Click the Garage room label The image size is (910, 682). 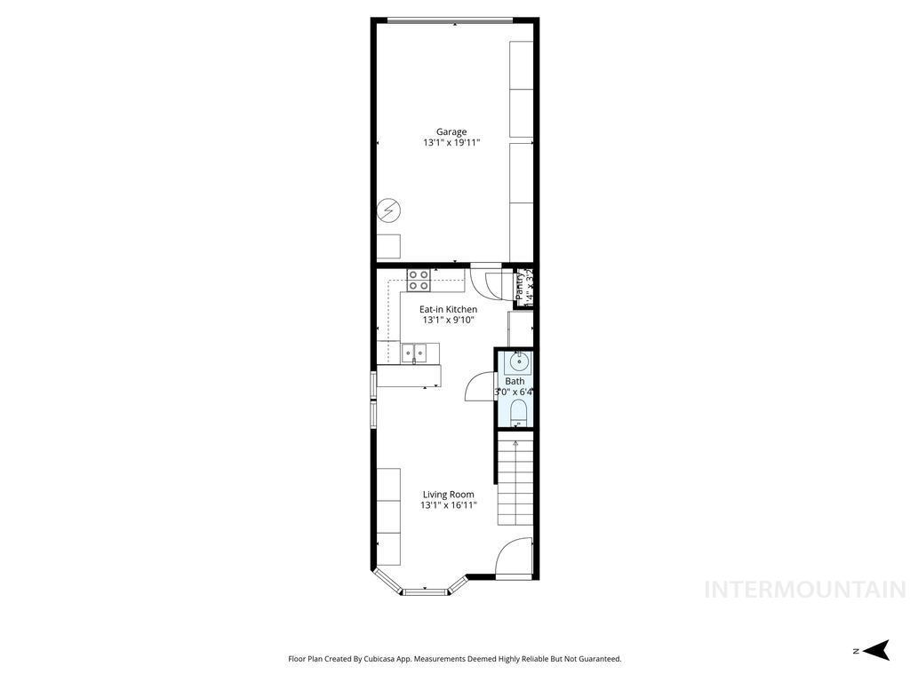tap(451, 131)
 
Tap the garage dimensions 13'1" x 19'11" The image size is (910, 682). tap(451, 142)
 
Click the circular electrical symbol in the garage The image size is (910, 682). tap(388, 210)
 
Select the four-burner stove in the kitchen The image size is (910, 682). tap(419, 281)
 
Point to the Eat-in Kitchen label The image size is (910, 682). tap(449, 309)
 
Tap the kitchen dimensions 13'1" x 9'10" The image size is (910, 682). tap(449, 320)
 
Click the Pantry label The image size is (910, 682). tap(519, 286)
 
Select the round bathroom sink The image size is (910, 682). tap(519, 362)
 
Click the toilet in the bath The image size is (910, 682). tap(519, 411)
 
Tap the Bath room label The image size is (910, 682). tap(515, 381)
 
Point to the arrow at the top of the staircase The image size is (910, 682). tap(515, 442)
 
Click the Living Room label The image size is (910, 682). tap(449, 495)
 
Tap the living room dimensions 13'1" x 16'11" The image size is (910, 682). tap(449, 505)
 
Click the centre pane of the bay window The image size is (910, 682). tap(425, 590)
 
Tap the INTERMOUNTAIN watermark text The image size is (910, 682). tap(805, 590)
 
